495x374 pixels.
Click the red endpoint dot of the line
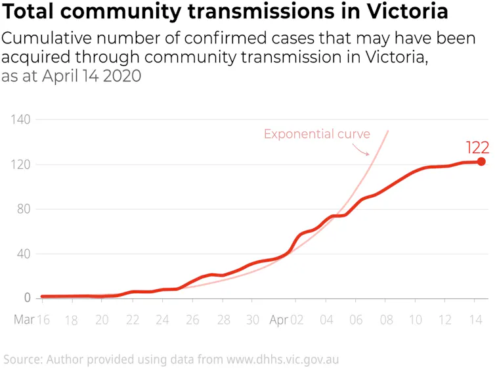click(x=481, y=162)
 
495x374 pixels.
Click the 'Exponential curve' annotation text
click(x=316, y=134)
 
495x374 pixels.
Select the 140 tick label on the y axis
click(x=21, y=120)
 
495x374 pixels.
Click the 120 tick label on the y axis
click(x=21, y=164)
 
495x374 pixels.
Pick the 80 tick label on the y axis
click(x=24, y=209)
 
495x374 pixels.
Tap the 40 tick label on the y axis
click(x=24, y=254)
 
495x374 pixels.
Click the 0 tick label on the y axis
click(x=27, y=298)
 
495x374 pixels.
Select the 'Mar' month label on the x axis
click(x=24, y=320)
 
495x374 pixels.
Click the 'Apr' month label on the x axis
click(x=278, y=320)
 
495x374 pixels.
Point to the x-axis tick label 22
click(x=133, y=320)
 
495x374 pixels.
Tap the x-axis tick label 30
click(x=253, y=320)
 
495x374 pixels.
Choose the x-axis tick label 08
click(x=385, y=320)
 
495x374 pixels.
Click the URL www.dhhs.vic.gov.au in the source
click(x=282, y=360)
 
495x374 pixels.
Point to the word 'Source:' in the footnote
click(x=22, y=360)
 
